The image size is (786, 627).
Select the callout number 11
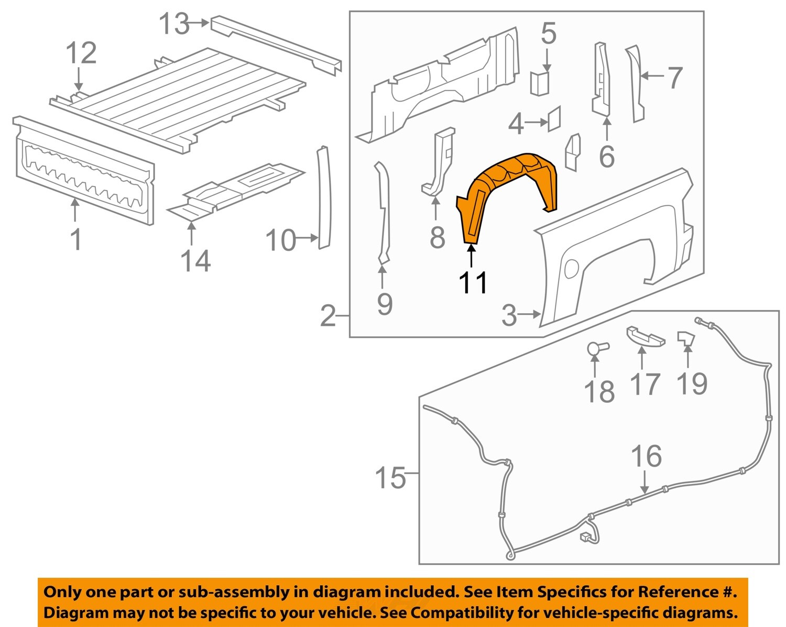pyautogui.click(x=473, y=282)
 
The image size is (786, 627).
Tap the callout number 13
pyautogui.click(x=174, y=24)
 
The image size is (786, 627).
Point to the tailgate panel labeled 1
pyautogui.click(x=84, y=173)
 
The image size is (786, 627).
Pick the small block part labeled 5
pyautogui.click(x=539, y=83)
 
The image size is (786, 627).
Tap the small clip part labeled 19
pyautogui.click(x=685, y=339)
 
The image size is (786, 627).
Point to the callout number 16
pyautogui.click(x=646, y=456)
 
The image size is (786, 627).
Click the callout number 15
pyautogui.click(x=390, y=478)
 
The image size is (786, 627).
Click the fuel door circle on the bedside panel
pyautogui.click(x=571, y=268)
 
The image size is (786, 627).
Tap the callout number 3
pyautogui.click(x=509, y=315)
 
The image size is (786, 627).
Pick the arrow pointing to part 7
pyautogui.click(x=652, y=76)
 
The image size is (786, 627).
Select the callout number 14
pyautogui.click(x=195, y=261)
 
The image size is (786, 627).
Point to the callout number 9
pyautogui.click(x=385, y=304)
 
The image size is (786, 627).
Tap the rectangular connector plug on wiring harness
pyautogui.click(x=585, y=537)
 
